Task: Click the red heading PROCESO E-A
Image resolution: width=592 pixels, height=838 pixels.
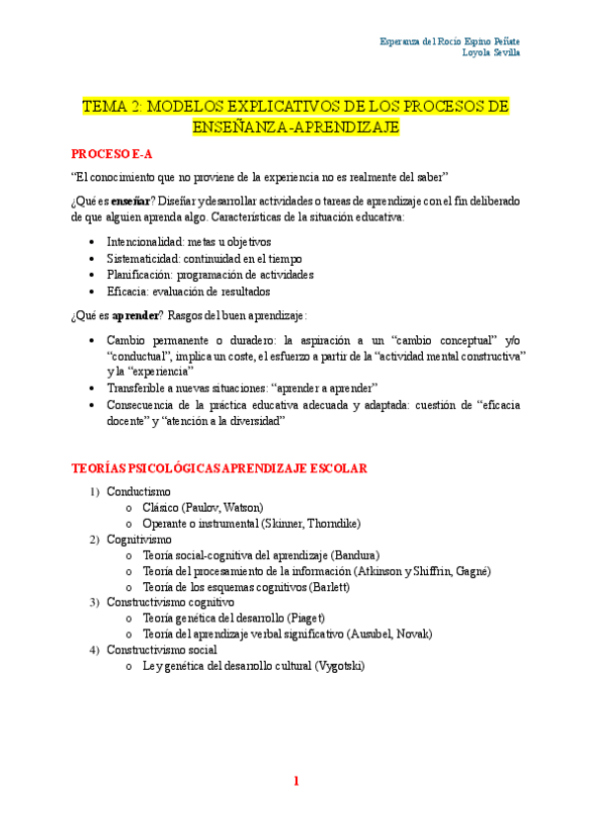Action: [x=112, y=154]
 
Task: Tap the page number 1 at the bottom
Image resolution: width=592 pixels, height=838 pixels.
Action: [x=296, y=782]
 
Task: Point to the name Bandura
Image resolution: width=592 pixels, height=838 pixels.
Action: [x=355, y=555]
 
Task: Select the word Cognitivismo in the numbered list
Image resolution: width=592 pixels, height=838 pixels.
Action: [x=139, y=540]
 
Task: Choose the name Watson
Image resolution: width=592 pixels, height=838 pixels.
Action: [x=240, y=507]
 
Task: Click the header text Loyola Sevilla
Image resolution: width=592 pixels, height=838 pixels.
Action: [x=491, y=52]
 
